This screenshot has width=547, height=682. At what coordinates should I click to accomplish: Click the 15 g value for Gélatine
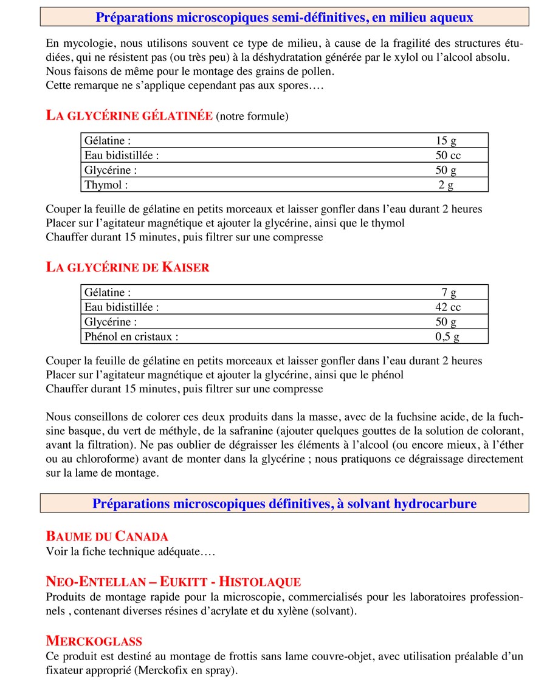click(x=446, y=140)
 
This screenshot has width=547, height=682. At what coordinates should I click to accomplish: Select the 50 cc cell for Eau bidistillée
click(x=448, y=155)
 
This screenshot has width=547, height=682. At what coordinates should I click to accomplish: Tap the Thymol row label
click(x=106, y=185)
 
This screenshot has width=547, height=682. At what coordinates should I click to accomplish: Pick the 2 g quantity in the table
click(x=446, y=185)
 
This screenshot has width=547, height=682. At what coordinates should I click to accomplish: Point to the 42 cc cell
click(x=448, y=307)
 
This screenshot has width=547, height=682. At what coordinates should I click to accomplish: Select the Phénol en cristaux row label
click(x=131, y=336)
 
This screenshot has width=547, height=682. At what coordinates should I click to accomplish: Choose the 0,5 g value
click(x=447, y=336)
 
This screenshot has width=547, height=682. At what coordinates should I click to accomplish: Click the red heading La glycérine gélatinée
click(x=129, y=116)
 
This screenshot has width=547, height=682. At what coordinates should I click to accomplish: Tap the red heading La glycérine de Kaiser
click(x=128, y=267)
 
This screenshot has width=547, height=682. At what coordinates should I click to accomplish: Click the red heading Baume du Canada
click(x=107, y=536)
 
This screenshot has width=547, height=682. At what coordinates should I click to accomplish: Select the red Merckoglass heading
click(x=94, y=641)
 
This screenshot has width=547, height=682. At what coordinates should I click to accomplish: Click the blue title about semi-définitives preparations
click(x=284, y=17)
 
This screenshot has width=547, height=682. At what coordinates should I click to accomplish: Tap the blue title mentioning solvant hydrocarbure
click(x=284, y=503)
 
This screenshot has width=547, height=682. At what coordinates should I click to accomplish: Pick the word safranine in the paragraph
click(x=320, y=431)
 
